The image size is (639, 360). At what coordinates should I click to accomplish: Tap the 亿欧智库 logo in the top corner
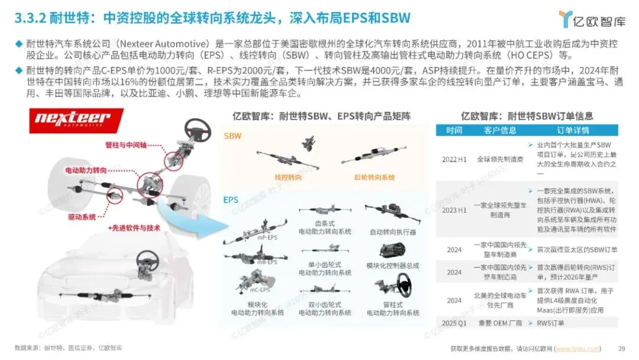coord(592,20)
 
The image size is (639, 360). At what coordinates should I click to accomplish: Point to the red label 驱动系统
coord(81,217)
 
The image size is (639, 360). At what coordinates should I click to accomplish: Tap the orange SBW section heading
coord(233,136)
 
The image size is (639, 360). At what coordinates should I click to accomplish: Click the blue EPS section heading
coord(231,200)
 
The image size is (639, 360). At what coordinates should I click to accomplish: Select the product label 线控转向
coord(286,177)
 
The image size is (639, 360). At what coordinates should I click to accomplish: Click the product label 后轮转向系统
coord(374,177)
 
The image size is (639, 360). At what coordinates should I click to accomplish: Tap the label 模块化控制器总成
coord(392,265)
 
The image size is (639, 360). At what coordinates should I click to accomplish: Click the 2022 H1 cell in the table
coord(454,159)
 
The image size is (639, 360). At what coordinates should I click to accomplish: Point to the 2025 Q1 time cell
coord(454,323)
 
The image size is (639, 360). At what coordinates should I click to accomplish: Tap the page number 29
coord(621,348)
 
